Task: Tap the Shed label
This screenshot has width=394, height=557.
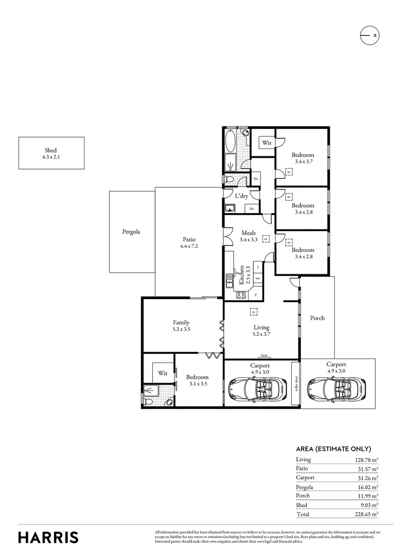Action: tap(51, 150)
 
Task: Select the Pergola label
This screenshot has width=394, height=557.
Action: tap(132, 232)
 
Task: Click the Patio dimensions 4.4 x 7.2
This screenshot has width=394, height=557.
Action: tap(189, 247)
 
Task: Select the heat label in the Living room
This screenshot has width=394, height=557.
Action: tap(264, 355)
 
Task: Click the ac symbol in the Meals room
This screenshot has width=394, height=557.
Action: tap(266, 239)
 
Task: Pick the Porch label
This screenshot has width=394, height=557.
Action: tap(317, 318)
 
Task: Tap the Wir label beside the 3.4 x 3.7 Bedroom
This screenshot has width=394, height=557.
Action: tap(267, 143)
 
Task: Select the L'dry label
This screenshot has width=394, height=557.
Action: tap(241, 196)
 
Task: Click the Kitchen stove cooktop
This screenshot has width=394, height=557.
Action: tap(240, 295)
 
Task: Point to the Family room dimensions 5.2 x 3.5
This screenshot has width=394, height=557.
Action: tap(181, 329)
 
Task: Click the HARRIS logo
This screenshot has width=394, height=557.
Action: tap(48, 537)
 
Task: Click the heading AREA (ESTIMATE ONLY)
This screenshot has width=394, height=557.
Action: tap(333, 449)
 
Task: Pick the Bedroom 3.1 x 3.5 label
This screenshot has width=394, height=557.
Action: tap(197, 377)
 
